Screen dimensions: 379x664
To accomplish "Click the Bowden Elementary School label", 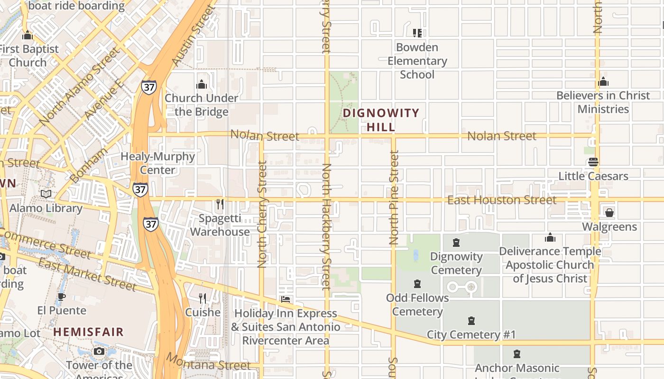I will click(x=417, y=61).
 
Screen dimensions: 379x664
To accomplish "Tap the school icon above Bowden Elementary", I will click(x=417, y=33).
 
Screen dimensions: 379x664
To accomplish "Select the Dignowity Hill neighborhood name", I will click(x=381, y=120).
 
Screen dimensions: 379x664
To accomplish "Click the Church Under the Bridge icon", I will click(x=202, y=85).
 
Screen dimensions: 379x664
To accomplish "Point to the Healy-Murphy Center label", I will click(x=157, y=163).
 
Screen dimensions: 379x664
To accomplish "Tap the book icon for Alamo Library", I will click(x=46, y=194).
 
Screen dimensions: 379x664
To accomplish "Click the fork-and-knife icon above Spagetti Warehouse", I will click(x=220, y=204).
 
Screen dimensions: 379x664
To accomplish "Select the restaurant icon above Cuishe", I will click(x=203, y=298).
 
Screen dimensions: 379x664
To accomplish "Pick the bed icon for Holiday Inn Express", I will click(x=286, y=299).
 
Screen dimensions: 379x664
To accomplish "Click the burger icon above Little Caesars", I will click(x=593, y=162).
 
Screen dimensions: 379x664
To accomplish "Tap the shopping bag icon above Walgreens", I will click(x=609, y=213).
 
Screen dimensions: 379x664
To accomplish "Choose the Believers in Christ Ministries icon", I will click(x=603, y=81).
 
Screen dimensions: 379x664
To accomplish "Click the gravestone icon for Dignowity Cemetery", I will click(x=456, y=243).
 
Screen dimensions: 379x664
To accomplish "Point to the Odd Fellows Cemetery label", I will click(x=417, y=305).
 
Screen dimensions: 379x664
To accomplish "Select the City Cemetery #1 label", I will click(x=471, y=334).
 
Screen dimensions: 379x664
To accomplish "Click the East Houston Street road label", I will click(x=502, y=200).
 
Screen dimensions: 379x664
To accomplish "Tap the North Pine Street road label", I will click(x=394, y=198).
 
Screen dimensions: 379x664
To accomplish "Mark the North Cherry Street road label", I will click(x=262, y=215).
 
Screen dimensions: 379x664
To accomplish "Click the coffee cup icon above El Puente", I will click(x=61, y=297).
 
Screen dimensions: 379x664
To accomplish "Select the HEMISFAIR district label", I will click(x=88, y=332).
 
